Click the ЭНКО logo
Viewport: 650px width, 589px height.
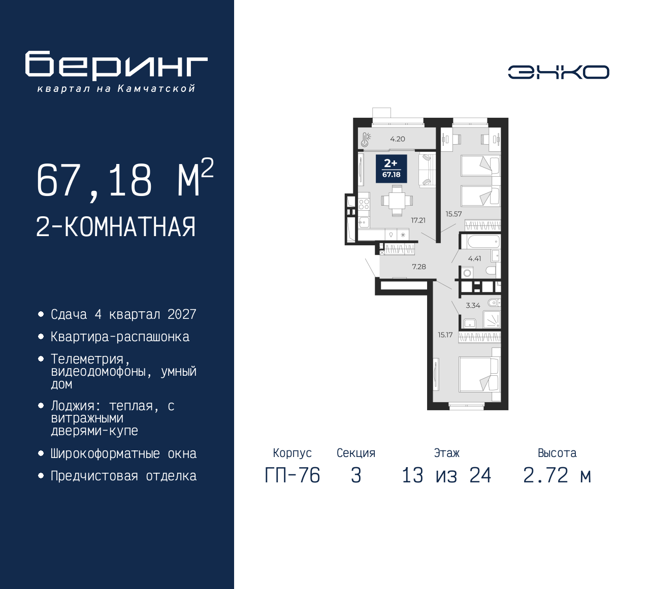coord(558,72)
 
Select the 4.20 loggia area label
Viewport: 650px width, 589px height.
coord(398,139)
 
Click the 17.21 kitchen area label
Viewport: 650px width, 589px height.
coord(418,220)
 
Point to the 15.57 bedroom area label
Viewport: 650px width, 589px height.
coord(453,214)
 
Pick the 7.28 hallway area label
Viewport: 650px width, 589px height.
coord(419,267)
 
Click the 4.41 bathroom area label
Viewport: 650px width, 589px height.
coord(474,258)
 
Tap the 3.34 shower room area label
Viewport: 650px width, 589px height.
coord(473,305)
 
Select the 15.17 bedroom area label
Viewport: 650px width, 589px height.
coord(445,335)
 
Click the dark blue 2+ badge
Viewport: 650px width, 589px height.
coord(392,169)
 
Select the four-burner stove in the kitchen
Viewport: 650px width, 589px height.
coord(364,204)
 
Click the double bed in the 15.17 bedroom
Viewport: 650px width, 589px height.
coord(480,375)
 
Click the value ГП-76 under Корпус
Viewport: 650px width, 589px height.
coord(292,476)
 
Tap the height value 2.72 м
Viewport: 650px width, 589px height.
coord(557,476)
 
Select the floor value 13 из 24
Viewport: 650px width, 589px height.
coord(446,476)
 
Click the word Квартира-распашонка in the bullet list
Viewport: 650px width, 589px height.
coord(120,337)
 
